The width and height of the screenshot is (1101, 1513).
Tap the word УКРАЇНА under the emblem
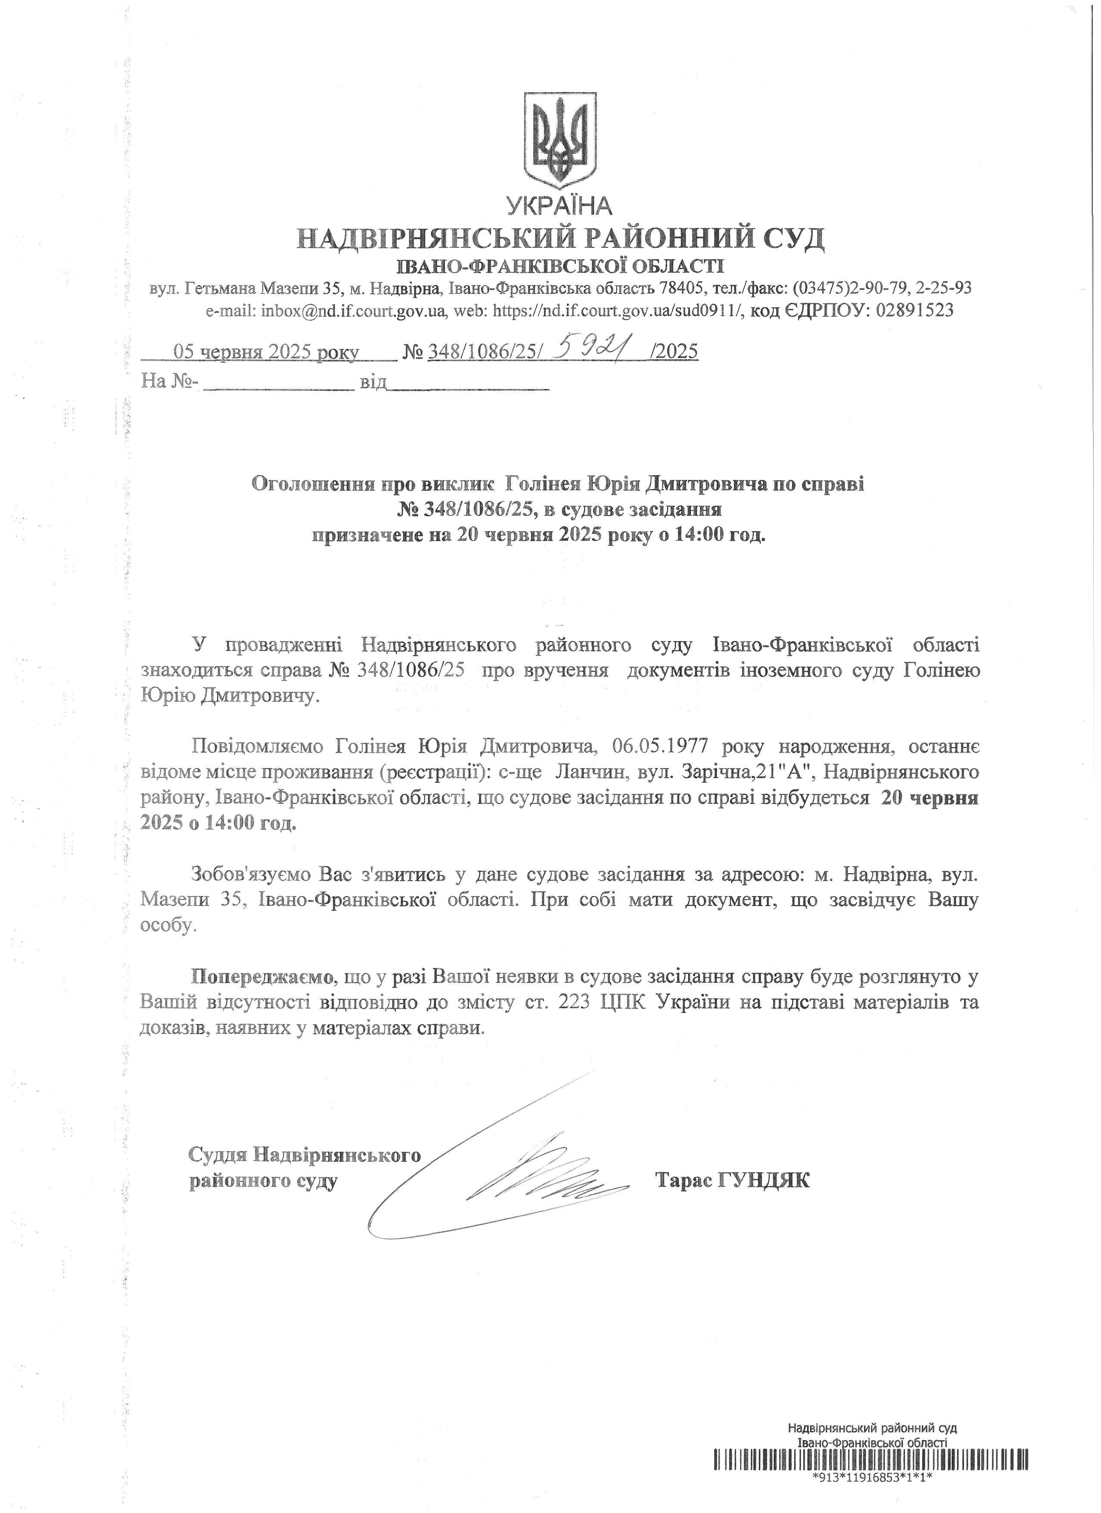tap(559, 206)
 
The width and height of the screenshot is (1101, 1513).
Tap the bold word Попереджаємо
tap(262, 978)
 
